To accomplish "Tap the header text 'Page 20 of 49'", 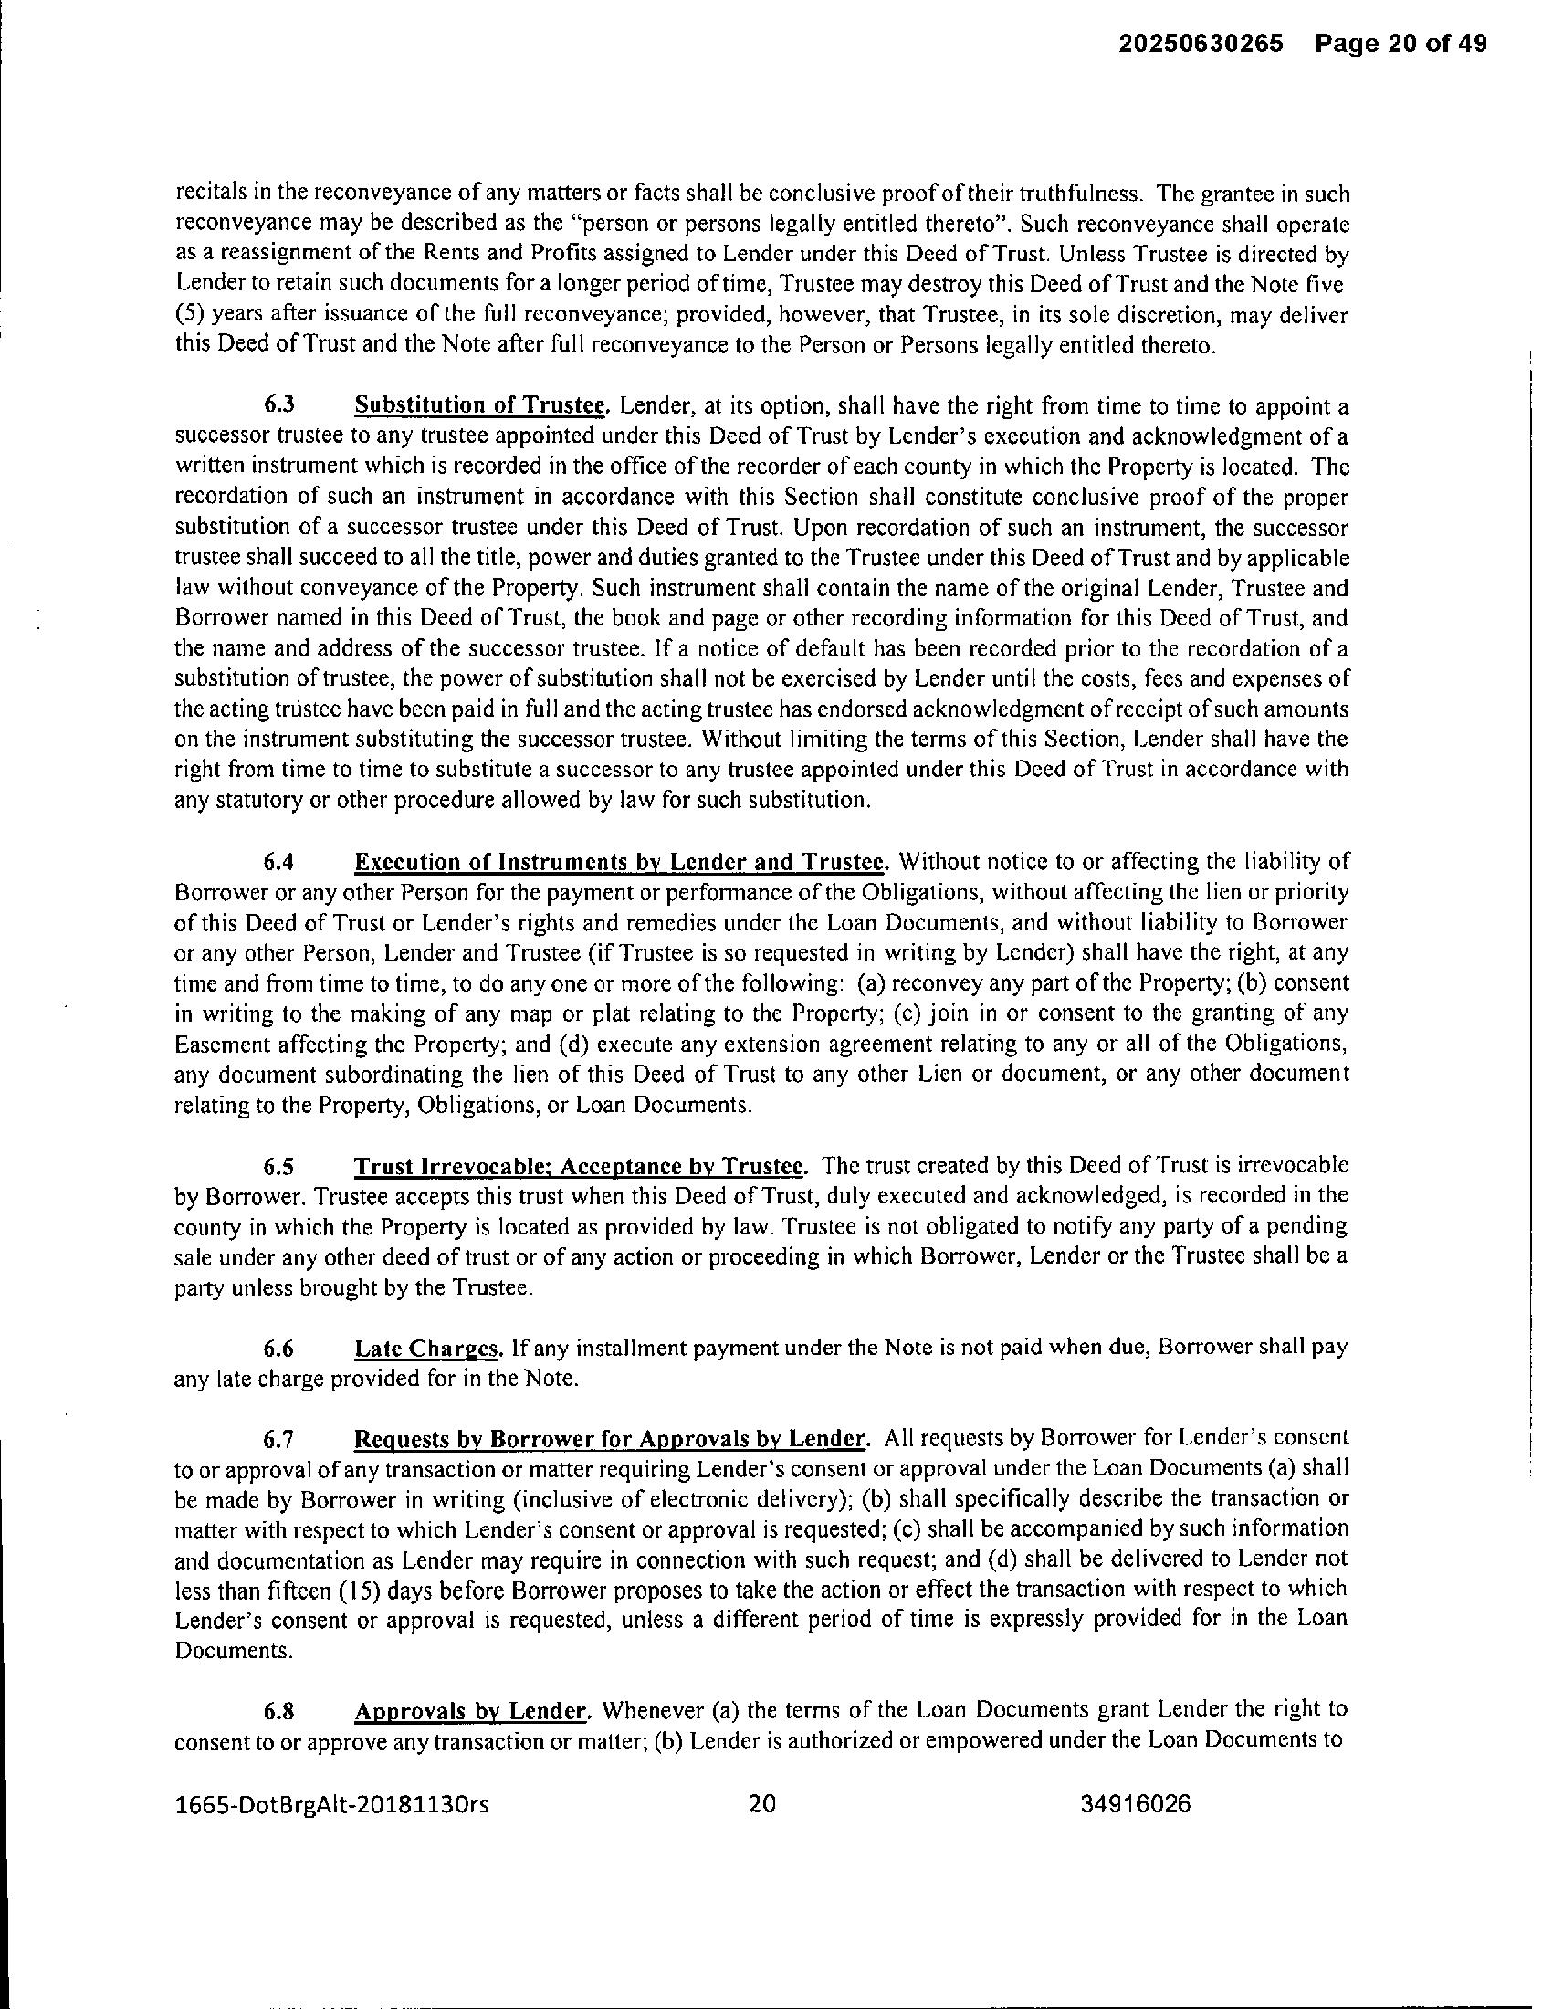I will click(x=1401, y=44).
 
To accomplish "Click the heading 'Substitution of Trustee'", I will click(x=482, y=405).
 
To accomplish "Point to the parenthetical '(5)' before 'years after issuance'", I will click(x=188, y=314).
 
